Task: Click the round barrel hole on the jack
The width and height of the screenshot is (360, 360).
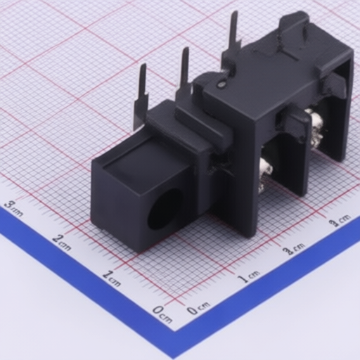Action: point(164,209)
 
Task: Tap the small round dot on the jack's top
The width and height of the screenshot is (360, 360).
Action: point(221,84)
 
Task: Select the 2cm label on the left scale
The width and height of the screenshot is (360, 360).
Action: point(61,242)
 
